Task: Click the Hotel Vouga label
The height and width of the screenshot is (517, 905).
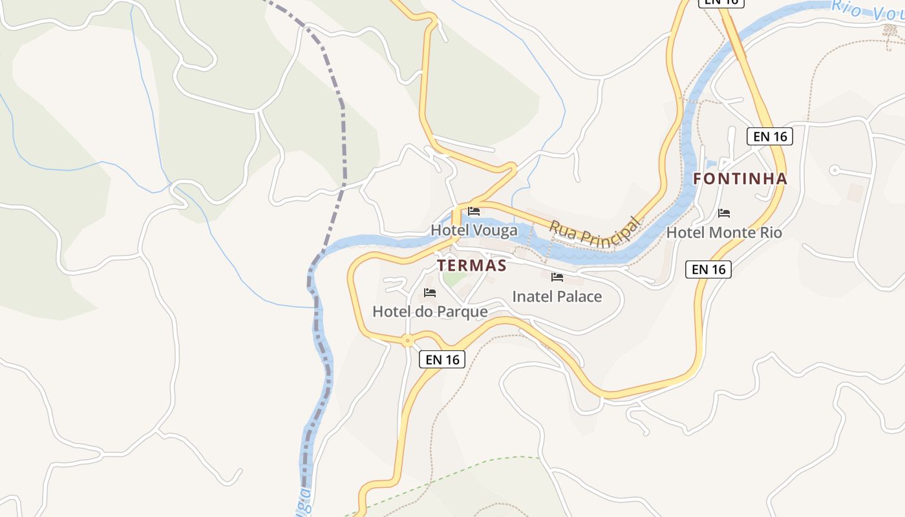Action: [x=474, y=230]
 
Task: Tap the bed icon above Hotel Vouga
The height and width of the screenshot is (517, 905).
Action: [x=474, y=211]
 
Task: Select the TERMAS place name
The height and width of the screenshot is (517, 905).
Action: [x=471, y=266]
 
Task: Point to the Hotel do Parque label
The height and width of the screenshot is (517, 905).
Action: [x=430, y=311]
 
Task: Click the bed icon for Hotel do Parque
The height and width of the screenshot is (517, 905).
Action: [x=430, y=293]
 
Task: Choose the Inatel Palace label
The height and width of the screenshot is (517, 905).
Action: [x=557, y=297]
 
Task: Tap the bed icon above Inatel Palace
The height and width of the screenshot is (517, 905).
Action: [x=557, y=277]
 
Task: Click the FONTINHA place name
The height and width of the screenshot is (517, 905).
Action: [x=740, y=179]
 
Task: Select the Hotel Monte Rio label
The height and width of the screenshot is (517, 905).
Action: [x=724, y=233]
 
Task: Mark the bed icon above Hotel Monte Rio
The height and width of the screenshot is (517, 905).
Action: [x=724, y=213]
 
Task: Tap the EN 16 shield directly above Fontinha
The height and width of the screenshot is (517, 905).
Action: [x=770, y=136]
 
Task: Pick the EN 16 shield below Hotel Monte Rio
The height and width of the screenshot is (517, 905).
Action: [x=708, y=269]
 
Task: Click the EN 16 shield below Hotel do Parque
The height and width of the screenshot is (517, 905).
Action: [x=442, y=359]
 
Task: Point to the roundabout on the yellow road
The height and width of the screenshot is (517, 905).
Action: [x=407, y=340]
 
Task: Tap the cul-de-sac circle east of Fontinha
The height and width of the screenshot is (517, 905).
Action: [x=834, y=171]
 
